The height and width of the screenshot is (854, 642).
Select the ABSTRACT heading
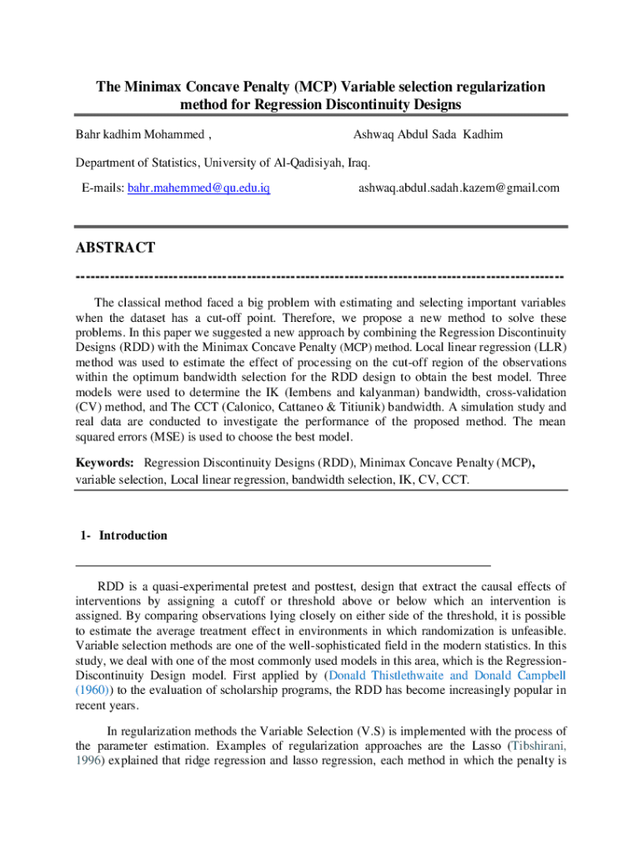tap(115, 248)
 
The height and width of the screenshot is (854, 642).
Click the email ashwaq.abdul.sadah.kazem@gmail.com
tap(459, 188)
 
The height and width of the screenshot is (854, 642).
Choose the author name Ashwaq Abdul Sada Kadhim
tap(428, 134)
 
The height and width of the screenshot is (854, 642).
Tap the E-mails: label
tap(103, 188)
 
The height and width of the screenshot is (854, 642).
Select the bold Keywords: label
tap(105, 462)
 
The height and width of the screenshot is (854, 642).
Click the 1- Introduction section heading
tap(124, 535)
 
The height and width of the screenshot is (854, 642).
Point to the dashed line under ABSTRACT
tap(320, 276)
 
